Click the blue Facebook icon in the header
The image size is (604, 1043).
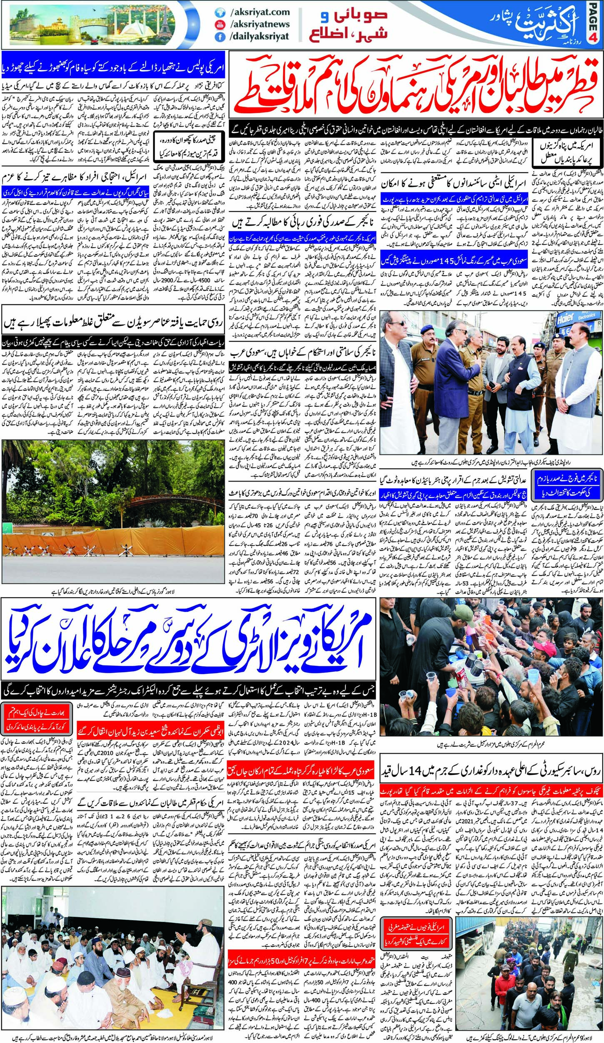[217, 37]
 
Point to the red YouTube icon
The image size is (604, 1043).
[217, 25]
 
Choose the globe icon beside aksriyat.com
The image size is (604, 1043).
[217, 13]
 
